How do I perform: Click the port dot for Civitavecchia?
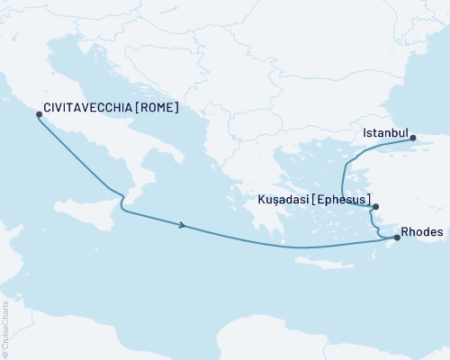[x=38, y=114]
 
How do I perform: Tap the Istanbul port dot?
[x=413, y=138]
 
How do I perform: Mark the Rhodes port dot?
[x=397, y=238]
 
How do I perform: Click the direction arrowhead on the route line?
[x=183, y=225]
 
